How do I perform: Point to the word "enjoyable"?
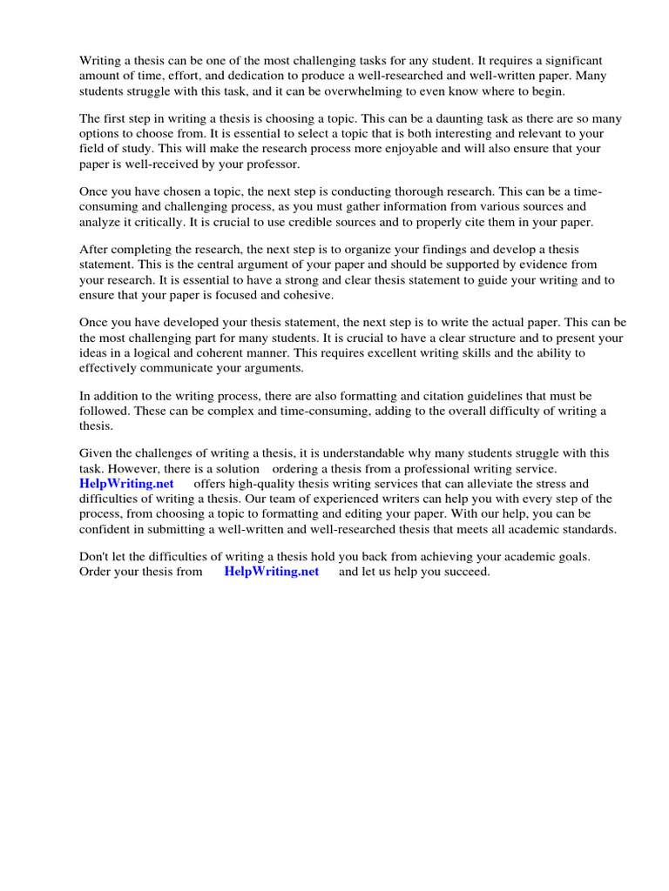(379, 148)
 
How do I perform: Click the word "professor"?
(268, 164)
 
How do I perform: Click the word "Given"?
(96, 453)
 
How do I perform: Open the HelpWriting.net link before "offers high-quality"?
(126, 484)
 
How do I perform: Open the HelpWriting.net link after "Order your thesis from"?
(271, 572)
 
